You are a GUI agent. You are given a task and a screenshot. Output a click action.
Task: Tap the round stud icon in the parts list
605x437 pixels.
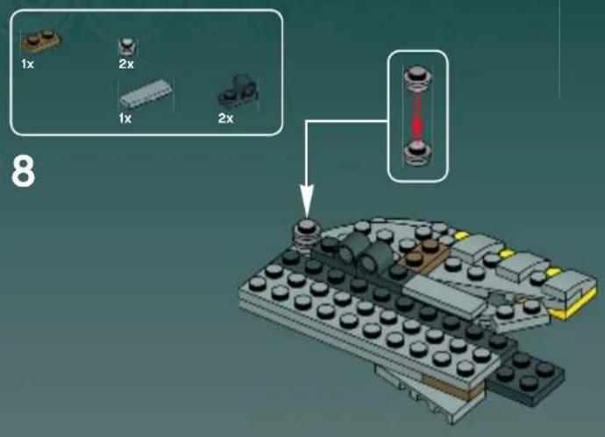(x=126, y=47)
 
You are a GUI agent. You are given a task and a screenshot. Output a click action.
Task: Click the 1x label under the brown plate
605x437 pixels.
(x=28, y=64)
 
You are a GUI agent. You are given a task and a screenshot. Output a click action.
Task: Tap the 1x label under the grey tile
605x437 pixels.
(x=125, y=118)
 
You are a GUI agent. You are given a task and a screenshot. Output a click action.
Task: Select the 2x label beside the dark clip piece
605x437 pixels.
(x=225, y=118)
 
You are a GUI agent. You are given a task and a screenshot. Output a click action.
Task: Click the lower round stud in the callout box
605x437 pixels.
(x=417, y=154)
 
